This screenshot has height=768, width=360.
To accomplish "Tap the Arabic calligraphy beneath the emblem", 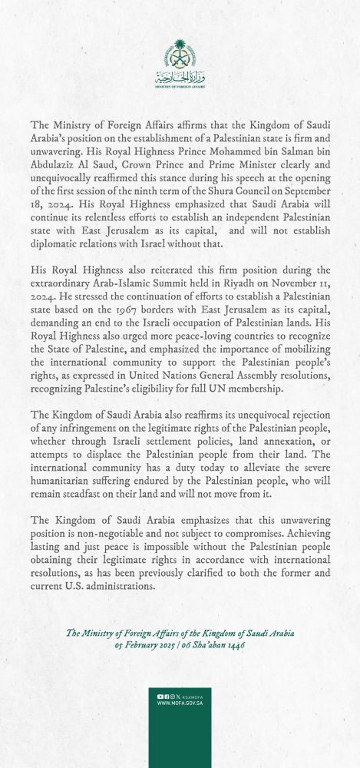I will [179, 77].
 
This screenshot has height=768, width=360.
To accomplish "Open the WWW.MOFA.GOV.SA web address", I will [180, 723].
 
